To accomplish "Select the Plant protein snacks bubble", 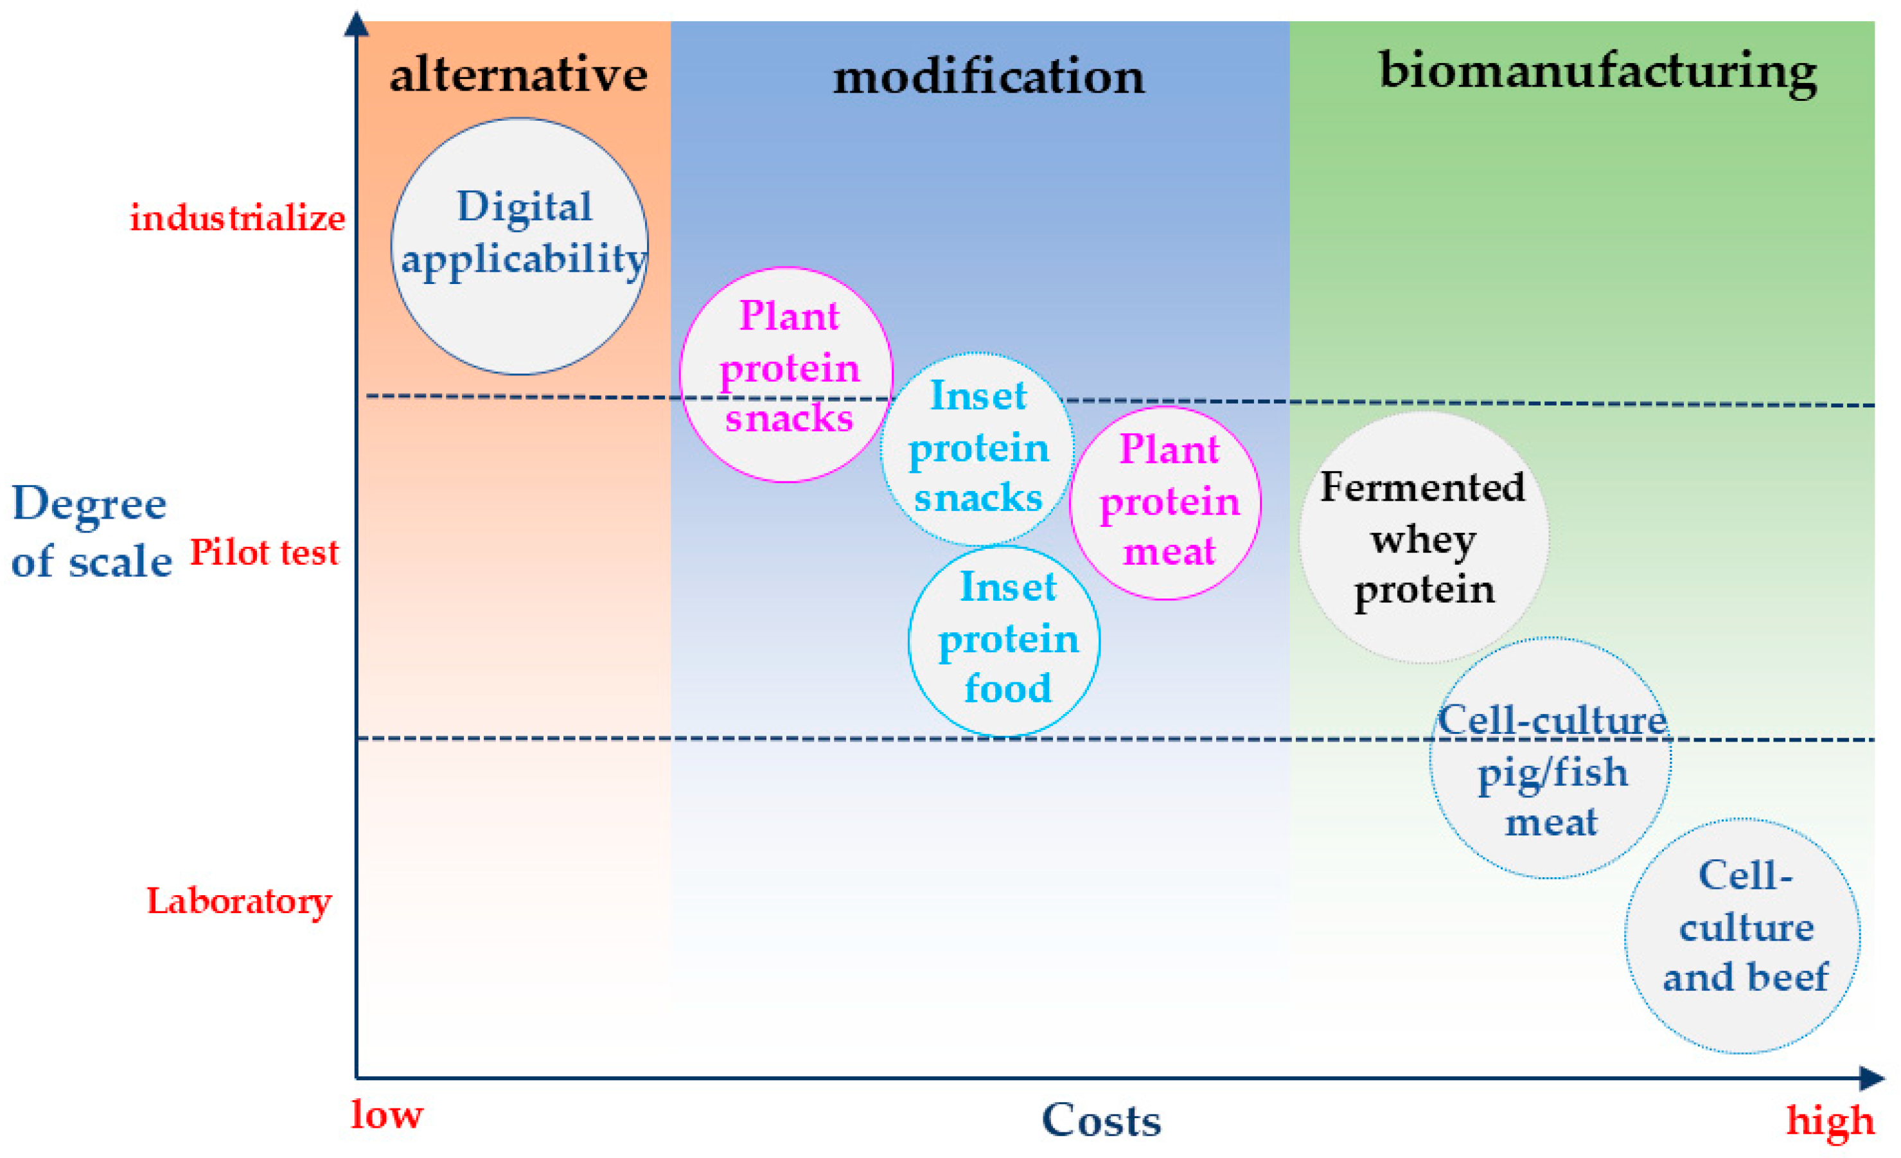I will [786, 374].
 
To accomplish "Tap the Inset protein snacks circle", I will [978, 449].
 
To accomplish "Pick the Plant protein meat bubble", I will [1166, 503].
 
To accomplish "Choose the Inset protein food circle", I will [1005, 640].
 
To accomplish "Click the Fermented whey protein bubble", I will [1424, 537].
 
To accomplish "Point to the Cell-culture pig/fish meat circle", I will [1551, 758].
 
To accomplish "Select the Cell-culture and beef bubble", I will [1743, 936].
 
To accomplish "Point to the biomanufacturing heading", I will [1598, 73].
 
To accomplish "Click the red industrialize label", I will [237, 218].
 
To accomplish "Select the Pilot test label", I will [264, 553].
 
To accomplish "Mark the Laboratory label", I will [239, 901].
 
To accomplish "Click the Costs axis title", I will [1101, 1120].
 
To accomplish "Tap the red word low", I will [387, 1115].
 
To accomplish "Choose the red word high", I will [1830, 1120].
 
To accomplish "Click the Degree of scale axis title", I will [91, 532].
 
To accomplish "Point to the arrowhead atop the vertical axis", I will [356, 23].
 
